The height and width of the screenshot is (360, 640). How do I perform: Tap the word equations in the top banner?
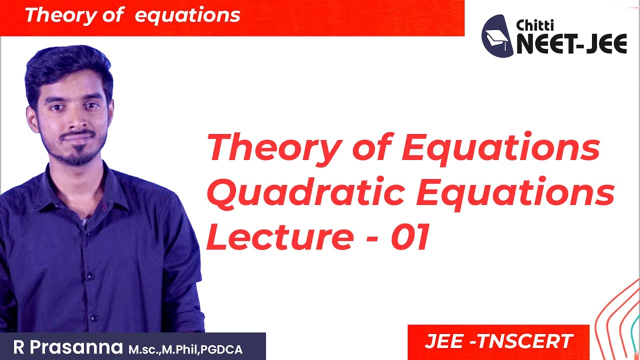(x=187, y=15)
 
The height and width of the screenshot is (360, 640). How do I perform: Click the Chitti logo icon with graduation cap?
(x=497, y=35)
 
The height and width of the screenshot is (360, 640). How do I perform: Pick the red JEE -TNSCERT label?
(x=498, y=341)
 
